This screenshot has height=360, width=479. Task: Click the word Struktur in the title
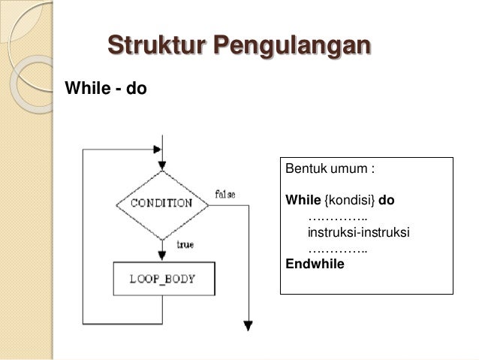click(155, 44)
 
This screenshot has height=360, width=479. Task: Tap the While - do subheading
click(98, 89)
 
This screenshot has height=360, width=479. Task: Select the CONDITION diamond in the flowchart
click(161, 203)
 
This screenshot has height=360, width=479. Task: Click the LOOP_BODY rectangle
click(162, 279)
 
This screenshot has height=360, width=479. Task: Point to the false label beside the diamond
click(225, 195)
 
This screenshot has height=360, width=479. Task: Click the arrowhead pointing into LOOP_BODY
click(161, 256)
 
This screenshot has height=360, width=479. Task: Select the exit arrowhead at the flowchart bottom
click(246, 325)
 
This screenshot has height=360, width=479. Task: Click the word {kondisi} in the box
click(350, 201)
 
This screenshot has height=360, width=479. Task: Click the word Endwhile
click(315, 263)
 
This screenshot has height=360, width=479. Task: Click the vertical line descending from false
click(246, 263)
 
